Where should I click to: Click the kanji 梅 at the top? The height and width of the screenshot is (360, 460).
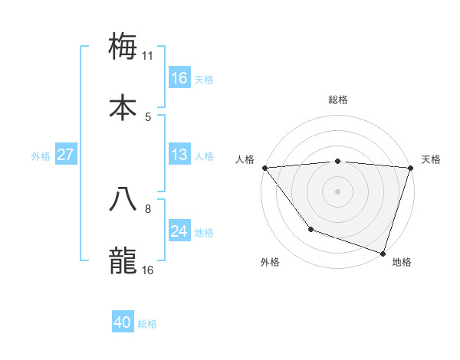click(123, 46)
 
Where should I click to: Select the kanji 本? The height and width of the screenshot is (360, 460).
click(123, 107)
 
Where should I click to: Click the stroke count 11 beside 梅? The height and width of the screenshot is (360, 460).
click(148, 55)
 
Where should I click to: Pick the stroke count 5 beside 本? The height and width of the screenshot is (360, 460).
click(148, 116)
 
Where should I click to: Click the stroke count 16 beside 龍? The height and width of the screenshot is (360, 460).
click(148, 270)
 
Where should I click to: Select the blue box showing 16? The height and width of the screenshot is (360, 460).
click(179, 78)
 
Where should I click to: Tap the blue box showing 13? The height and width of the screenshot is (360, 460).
click(179, 155)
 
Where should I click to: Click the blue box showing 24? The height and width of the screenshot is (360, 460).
click(179, 231)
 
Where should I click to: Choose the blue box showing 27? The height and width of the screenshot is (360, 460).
click(66, 155)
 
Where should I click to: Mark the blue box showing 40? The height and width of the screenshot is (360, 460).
click(123, 322)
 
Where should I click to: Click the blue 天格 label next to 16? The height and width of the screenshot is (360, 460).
click(204, 79)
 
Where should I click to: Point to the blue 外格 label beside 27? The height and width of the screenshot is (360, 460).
click(41, 155)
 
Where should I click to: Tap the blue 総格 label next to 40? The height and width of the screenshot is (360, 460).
click(147, 323)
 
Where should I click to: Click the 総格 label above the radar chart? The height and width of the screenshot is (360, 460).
click(338, 100)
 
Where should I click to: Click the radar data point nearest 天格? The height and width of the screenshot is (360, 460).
click(410, 168)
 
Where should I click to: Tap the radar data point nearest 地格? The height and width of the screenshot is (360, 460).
click(383, 253)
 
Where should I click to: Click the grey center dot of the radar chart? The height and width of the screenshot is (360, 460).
click(338, 191)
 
